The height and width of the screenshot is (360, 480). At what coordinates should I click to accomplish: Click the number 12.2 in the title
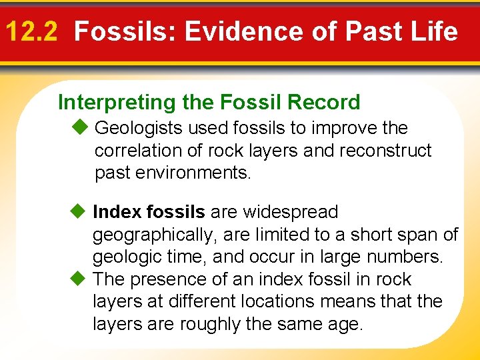33,31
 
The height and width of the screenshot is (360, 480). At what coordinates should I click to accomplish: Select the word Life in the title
433,31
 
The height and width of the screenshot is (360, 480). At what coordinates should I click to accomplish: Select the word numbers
407,257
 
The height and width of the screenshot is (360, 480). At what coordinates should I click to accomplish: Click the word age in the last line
347,325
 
